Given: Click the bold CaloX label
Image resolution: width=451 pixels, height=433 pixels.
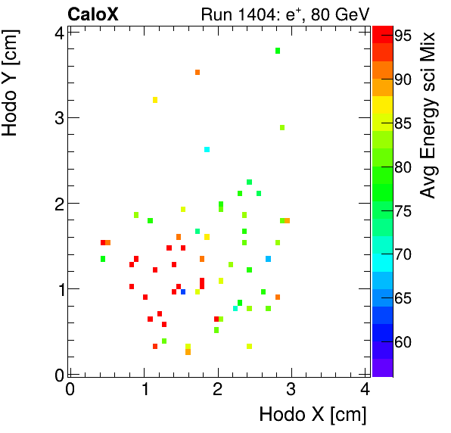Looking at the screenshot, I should coord(92,14).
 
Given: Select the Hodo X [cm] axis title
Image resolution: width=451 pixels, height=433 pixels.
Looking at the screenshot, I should coord(313,415).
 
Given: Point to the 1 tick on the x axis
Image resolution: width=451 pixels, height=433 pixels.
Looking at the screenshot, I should coord(144,390).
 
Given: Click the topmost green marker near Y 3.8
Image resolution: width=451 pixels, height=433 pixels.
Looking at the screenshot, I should coord(278,51).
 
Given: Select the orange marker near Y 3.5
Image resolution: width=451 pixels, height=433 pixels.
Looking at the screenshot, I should coord(198,73).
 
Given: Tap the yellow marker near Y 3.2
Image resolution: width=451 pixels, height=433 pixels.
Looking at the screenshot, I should coord(155,100).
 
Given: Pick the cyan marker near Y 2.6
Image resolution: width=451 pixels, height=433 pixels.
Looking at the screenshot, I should coord(207,150).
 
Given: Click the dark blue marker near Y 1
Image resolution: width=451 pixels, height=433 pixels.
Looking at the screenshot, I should coord(183,292).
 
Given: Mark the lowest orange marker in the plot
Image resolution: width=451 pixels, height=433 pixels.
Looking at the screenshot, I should coord(188,352).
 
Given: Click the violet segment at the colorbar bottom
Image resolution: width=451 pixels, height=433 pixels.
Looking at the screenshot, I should coord(382,367).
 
